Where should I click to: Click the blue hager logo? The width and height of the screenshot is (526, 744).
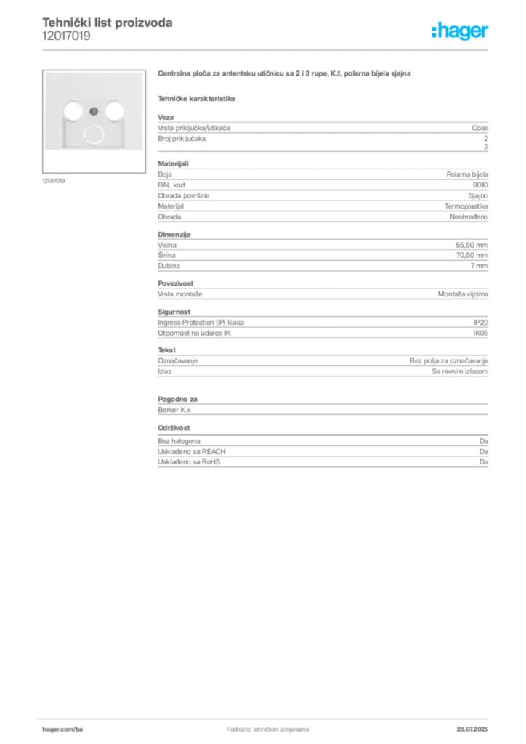coord(461,32)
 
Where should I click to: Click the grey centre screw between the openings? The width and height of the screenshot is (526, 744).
coord(93,111)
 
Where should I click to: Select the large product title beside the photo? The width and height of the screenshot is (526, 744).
coord(285,73)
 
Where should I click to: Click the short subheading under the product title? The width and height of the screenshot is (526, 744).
coord(198,98)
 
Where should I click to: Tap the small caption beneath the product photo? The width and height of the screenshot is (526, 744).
coord(55,180)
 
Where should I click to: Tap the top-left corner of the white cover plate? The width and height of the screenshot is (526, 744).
coord(46,73)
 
